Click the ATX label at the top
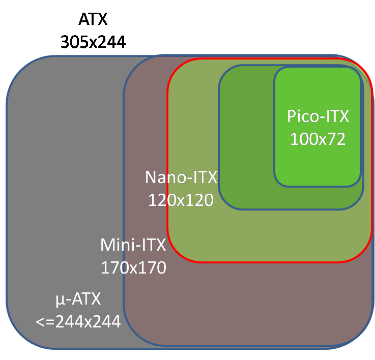pyautogui.click(x=94, y=20)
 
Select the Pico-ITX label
pyautogui.click(x=318, y=116)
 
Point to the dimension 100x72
pyautogui.click(x=318, y=138)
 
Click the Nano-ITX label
pyautogui.click(x=181, y=177)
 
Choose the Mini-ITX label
pyautogui.click(x=133, y=245)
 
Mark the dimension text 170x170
pyautogui.click(x=133, y=267)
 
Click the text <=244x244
pyautogui.click(x=78, y=321)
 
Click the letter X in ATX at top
pyautogui.click(x=103, y=20)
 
